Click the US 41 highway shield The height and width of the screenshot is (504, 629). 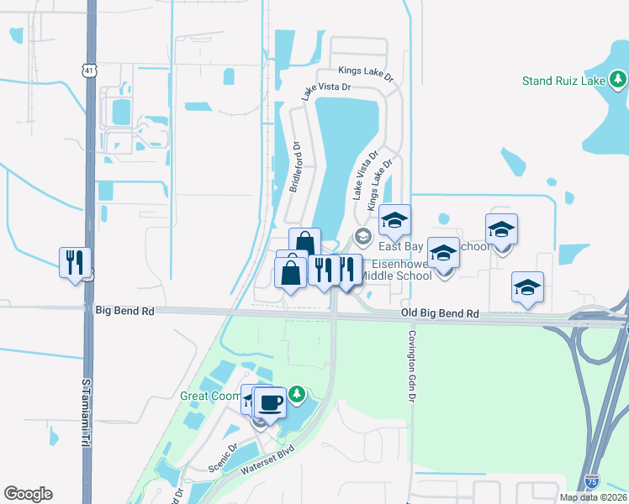88,71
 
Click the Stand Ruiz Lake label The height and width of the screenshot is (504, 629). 564,81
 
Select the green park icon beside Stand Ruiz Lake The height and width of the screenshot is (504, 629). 619,80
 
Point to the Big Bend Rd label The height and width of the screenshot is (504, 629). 125,311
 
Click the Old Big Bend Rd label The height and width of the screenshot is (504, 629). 440,313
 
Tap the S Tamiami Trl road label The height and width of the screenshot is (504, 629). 85,418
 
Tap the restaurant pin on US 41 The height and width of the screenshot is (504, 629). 75,263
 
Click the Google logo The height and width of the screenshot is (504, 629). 28,494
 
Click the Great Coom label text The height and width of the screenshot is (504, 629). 209,395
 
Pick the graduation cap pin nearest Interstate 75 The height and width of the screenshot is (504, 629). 527,287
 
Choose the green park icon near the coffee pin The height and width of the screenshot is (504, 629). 296,393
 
